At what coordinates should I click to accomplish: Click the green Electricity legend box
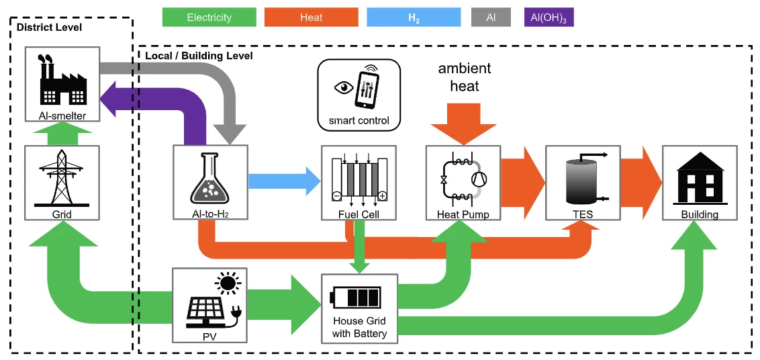209,17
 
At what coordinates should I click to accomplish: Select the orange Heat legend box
311,17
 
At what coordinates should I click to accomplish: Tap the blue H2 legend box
414,17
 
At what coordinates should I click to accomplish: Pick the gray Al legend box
491,17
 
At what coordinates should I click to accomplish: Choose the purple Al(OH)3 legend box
549,17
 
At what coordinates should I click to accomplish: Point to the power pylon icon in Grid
61,177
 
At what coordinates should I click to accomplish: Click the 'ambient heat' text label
464,77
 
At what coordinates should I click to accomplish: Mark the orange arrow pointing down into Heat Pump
463,124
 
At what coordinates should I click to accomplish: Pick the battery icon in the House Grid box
355,296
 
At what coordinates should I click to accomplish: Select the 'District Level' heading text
49,28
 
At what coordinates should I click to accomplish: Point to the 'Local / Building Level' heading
199,56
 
